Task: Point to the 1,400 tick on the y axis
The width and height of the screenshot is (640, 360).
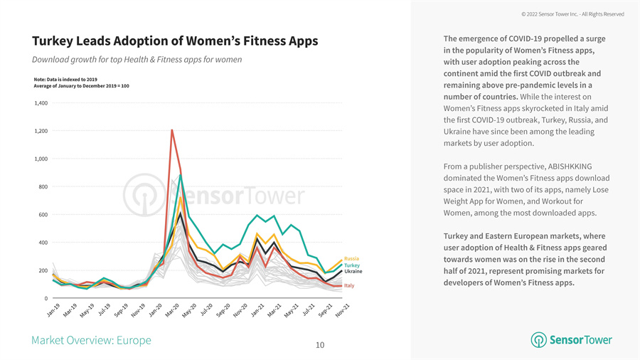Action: coord(41,103)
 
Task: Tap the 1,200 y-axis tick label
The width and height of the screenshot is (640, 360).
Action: coord(41,131)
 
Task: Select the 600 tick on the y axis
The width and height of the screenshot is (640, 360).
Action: coord(43,214)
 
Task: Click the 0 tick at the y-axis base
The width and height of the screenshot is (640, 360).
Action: coord(46,297)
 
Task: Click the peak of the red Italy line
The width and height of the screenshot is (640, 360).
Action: coord(172,130)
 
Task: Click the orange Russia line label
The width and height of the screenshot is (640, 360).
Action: coord(351,258)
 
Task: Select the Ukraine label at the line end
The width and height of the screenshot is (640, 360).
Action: coord(353,272)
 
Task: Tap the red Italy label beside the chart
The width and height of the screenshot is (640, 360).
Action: coord(349,285)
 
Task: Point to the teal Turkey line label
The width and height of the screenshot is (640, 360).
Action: coord(352,265)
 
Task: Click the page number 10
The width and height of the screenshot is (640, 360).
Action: coord(320,345)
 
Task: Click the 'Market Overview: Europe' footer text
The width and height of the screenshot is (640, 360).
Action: coord(91,340)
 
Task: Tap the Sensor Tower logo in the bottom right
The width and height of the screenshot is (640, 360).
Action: coord(571,340)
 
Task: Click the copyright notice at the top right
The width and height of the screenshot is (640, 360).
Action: coord(572,14)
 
